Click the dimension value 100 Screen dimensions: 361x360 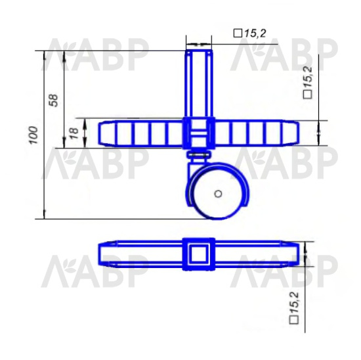33,135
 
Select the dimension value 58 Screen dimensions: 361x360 54,100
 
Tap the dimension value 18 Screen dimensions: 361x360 74,133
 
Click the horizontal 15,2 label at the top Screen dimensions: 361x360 255,34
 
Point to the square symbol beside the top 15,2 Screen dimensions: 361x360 238,34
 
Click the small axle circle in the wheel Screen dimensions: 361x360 218,194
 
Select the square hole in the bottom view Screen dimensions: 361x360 199,254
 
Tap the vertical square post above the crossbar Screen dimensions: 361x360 199,83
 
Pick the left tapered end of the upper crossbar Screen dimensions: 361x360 106,133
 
